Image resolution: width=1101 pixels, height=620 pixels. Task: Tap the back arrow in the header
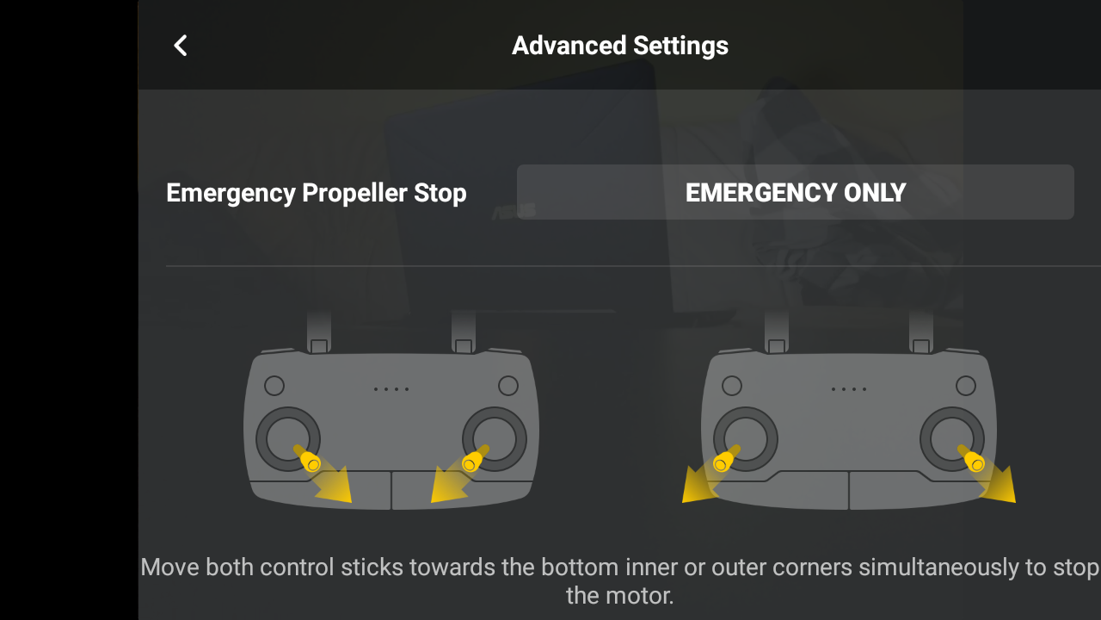point(181,46)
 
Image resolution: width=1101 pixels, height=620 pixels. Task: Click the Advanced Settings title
point(620,46)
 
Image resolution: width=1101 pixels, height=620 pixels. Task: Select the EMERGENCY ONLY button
point(796,192)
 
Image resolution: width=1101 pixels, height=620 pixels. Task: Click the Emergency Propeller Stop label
point(316,193)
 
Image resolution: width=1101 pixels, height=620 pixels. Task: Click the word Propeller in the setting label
point(354,193)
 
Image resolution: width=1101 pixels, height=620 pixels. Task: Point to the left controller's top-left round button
point(274,386)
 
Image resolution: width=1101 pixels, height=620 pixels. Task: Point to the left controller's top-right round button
point(508,386)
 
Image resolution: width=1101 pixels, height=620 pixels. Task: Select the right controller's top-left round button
point(732,386)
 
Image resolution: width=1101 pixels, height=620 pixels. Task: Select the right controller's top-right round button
point(966,386)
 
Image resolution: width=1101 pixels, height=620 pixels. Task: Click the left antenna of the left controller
point(319,332)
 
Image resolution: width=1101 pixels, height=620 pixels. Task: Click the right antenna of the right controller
point(921,332)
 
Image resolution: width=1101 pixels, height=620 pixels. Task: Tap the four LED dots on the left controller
point(391,389)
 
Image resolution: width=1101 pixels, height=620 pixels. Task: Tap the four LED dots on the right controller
point(849,389)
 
